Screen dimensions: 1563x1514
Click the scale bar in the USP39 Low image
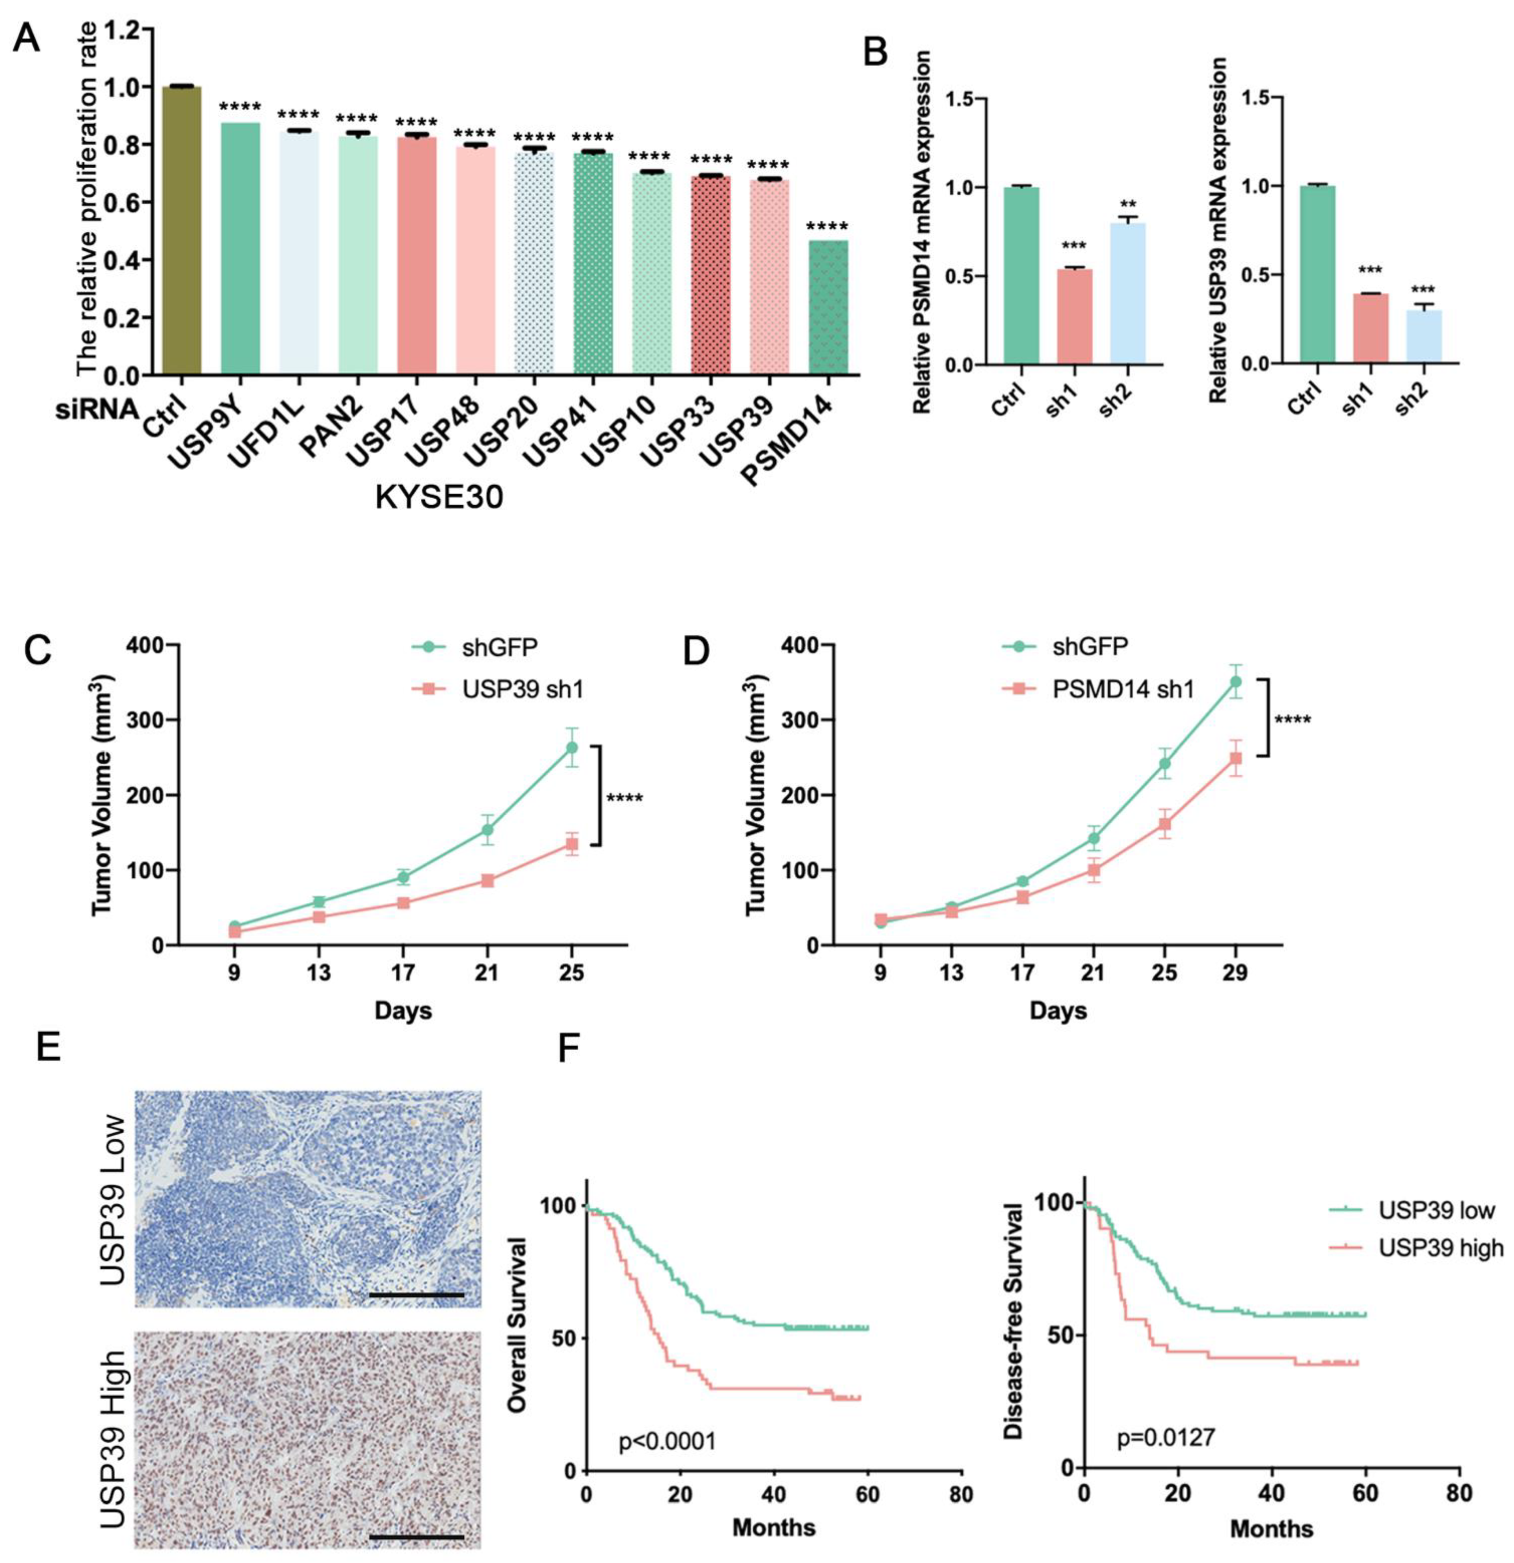[416, 1295]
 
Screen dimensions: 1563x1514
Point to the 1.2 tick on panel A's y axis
[122, 30]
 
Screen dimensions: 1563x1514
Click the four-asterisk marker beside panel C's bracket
[625, 798]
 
